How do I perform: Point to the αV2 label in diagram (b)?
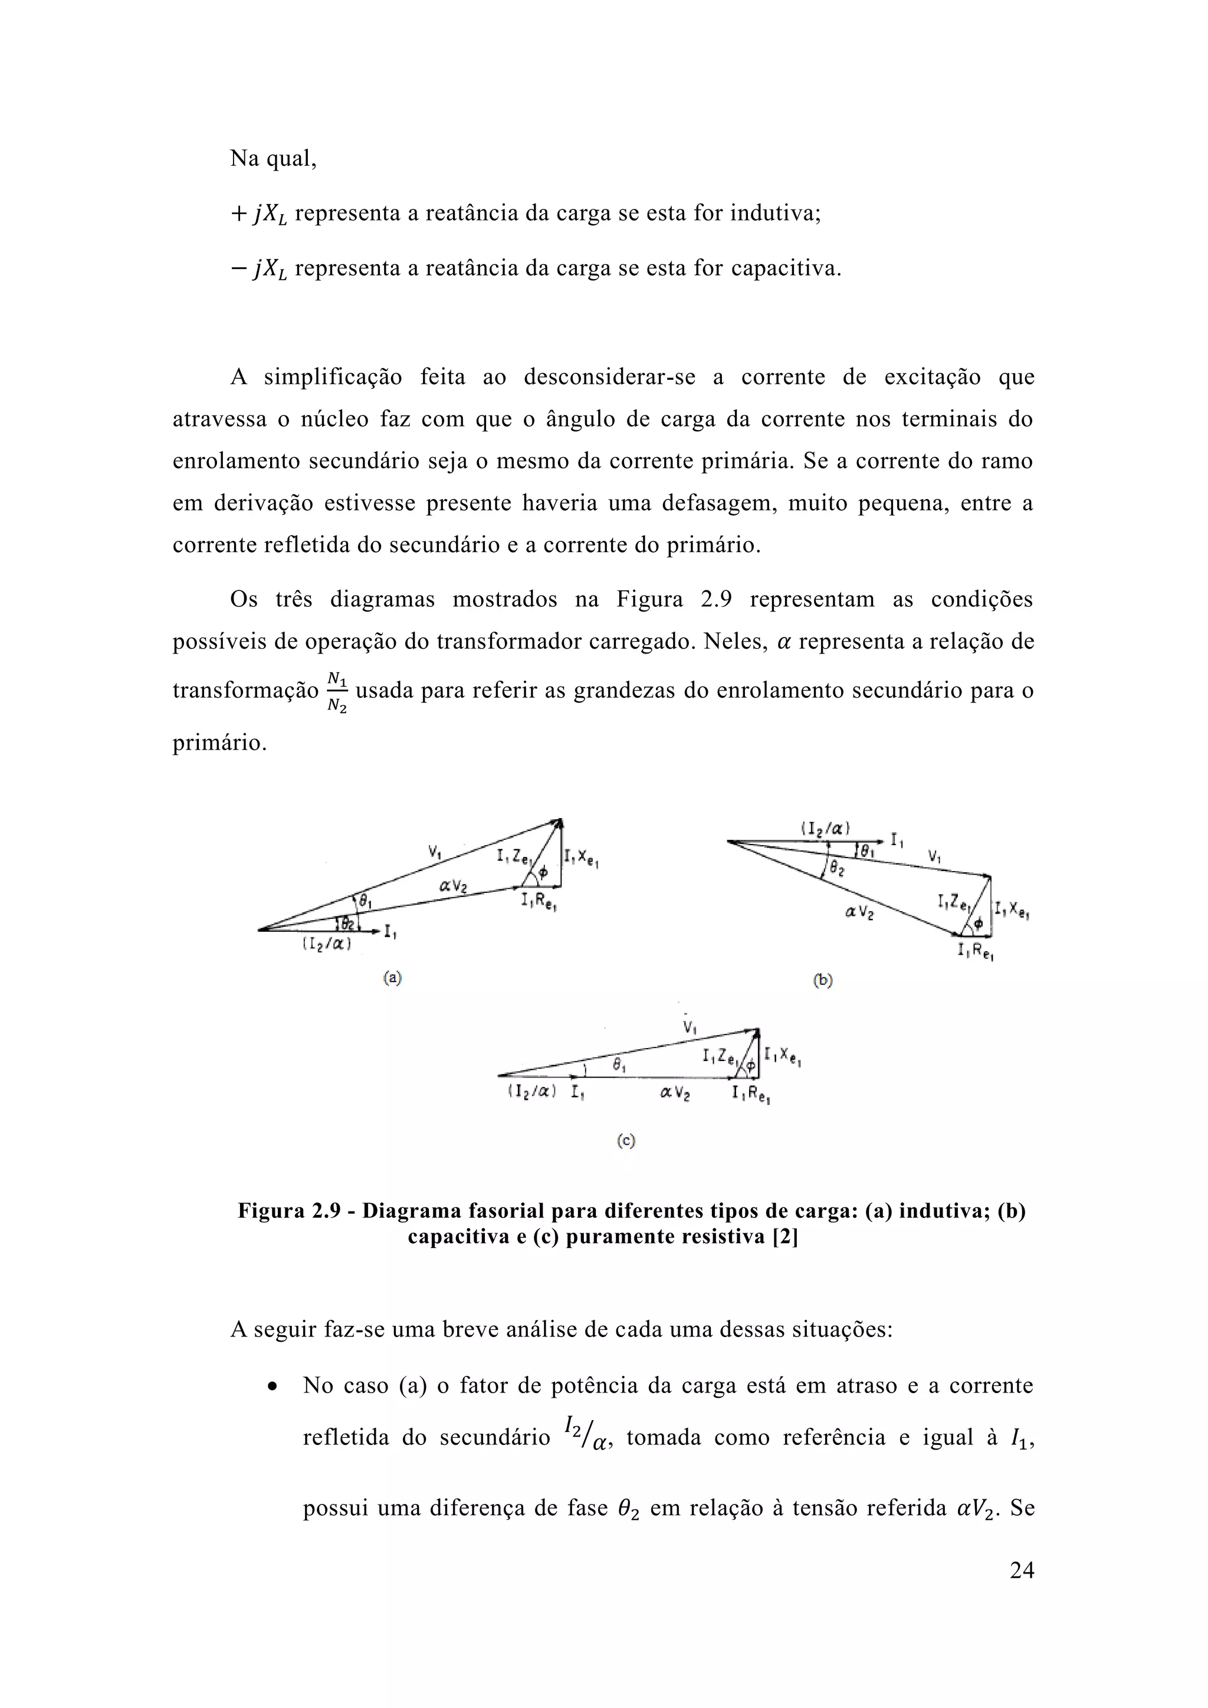tap(859, 912)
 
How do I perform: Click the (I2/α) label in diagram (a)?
tap(327, 944)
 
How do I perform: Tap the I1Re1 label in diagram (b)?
tap(976, 951)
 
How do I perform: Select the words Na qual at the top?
tap(273, 159)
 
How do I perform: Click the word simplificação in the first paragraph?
tap(333, 377)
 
